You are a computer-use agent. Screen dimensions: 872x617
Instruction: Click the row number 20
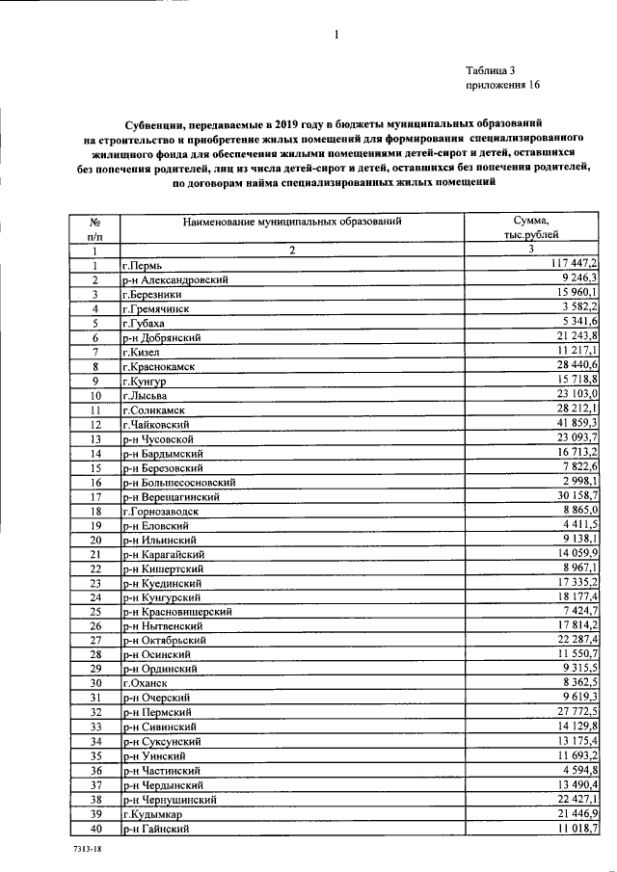pos(95,540)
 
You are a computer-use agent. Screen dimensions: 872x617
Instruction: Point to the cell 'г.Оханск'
pos(145,683)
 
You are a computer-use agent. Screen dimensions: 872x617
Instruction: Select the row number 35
pos(95,755)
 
